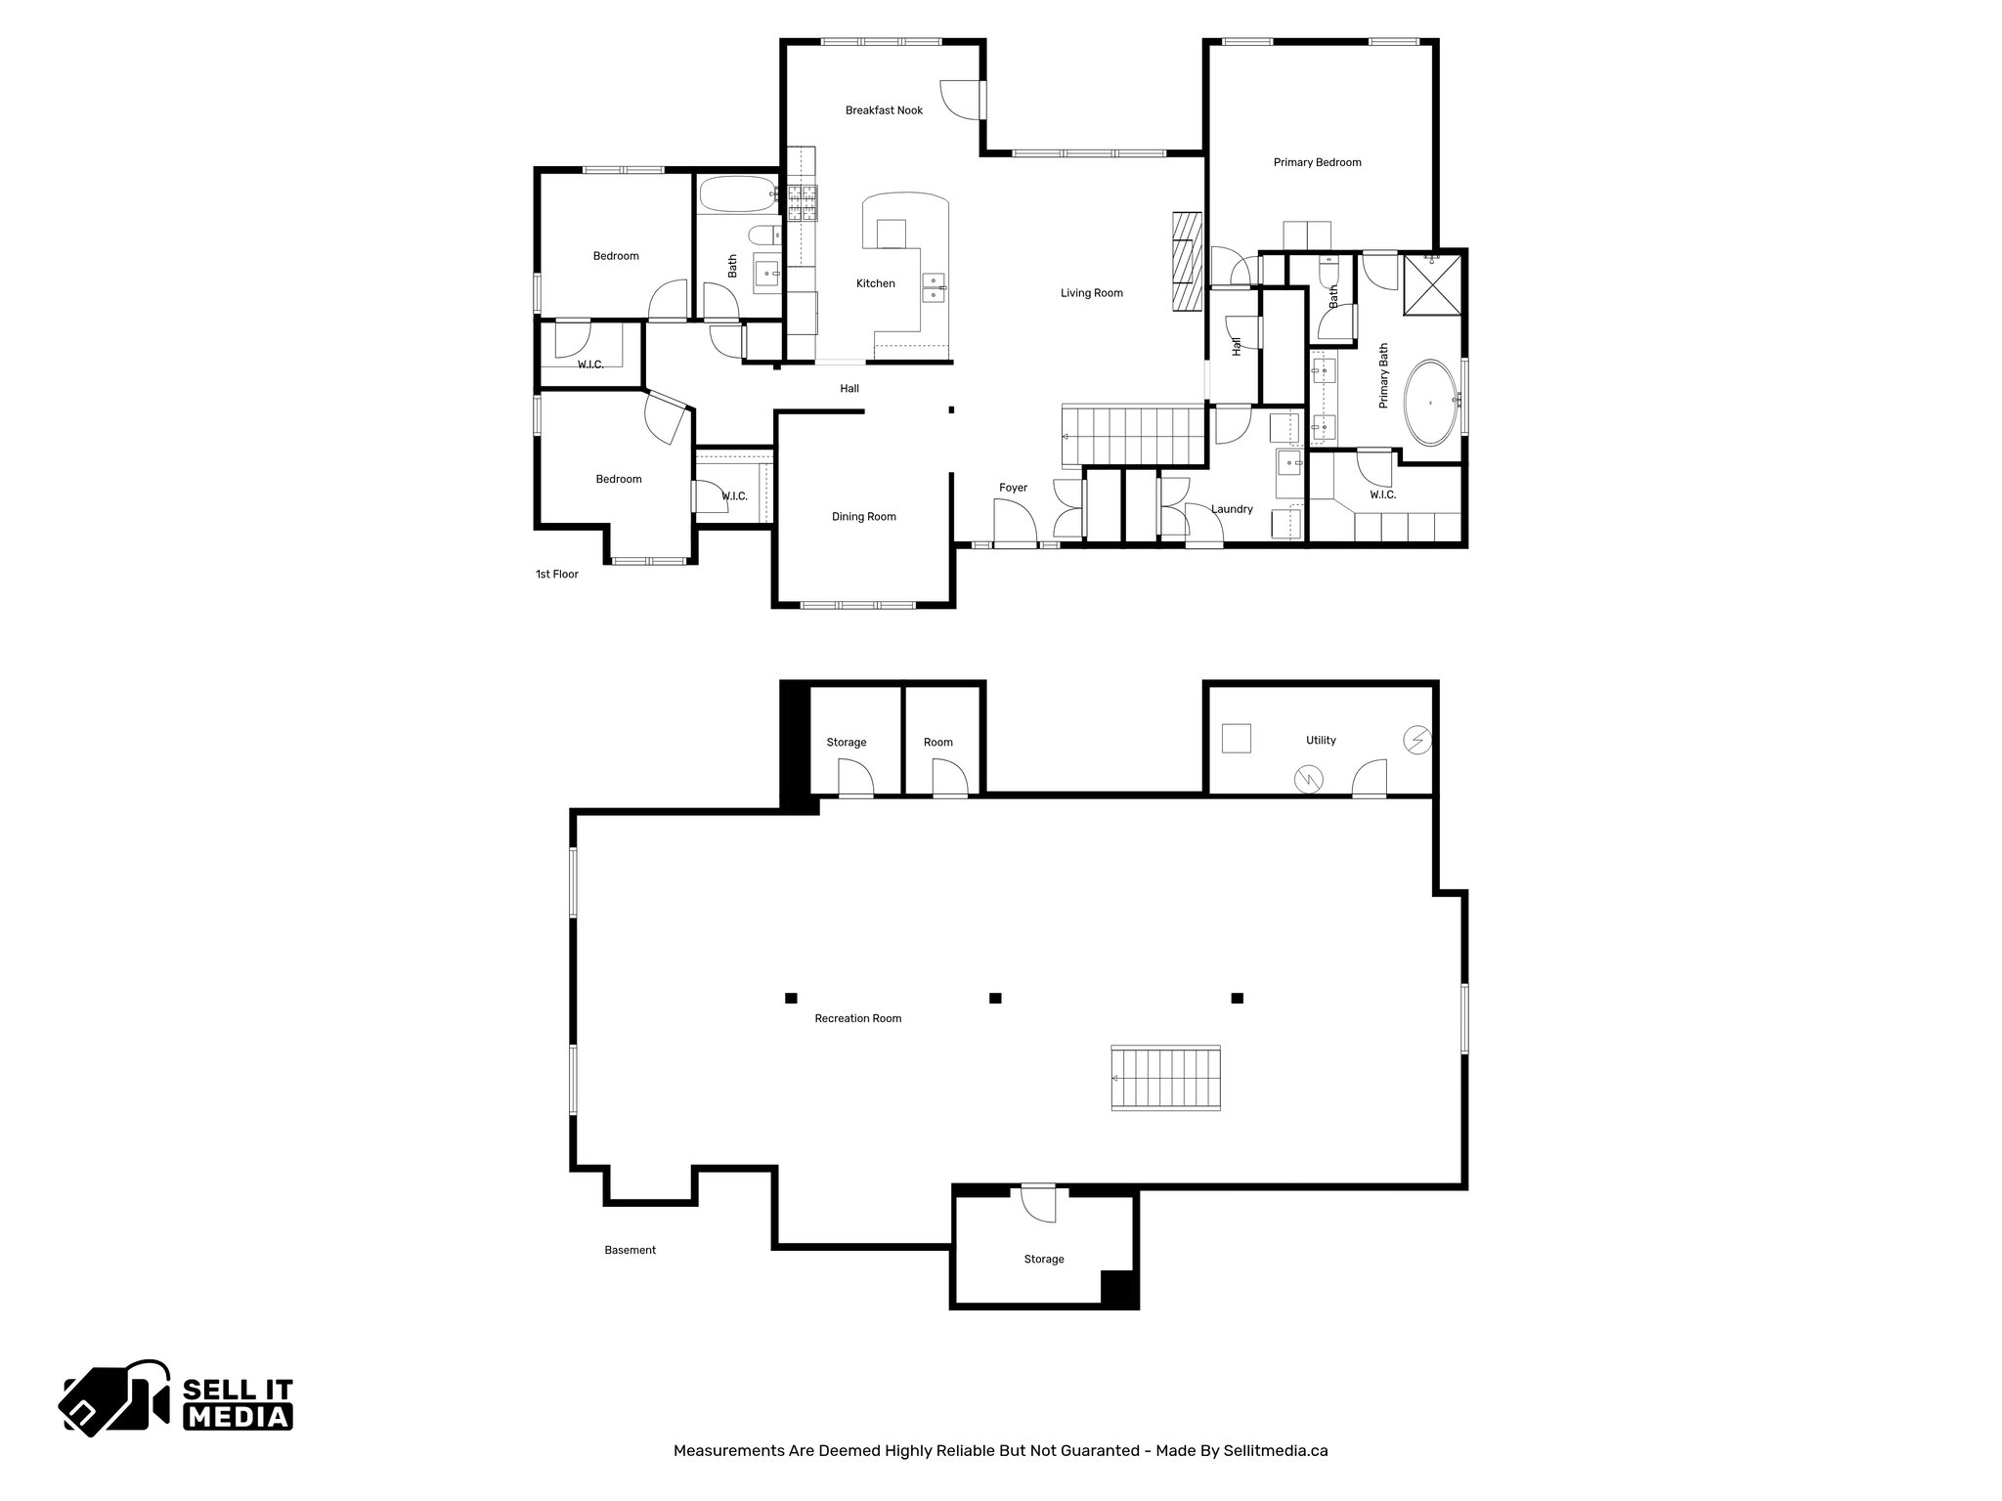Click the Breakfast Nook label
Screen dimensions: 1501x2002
(x=884, y=110)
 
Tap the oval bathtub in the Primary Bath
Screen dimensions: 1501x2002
(x=1433, y=403)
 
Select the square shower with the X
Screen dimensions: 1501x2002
(x=1434, y=284)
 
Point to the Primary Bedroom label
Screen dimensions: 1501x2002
(x=1317, y=162)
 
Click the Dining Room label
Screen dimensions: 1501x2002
(x=863, y=517)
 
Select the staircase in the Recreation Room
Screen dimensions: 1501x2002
(x=1166, y=1078)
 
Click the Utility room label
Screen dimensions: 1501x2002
(x=1321, y=740)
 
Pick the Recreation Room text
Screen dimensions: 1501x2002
(x=857, y=1018)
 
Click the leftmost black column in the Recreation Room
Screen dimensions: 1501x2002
(x=791, y=998)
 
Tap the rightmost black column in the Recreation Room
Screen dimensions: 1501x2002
(x=1237, y=998)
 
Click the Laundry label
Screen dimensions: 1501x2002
(x=1232, y=509)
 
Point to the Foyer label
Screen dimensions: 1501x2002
(x=1013, y=488)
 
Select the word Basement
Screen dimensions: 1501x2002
(x=630, y=1250)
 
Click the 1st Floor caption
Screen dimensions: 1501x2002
(x=556, y=575)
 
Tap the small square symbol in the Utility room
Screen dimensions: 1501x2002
(x=1237, y=738)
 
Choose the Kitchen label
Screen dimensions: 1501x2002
(x=875, y=283)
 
